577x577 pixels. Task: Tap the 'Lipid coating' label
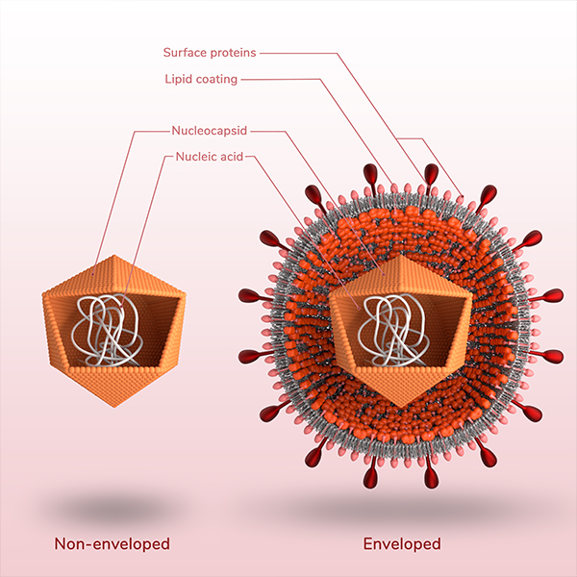(200, 79)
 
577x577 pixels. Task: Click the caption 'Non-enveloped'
(112, 544)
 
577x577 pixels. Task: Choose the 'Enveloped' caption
(401, 544)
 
